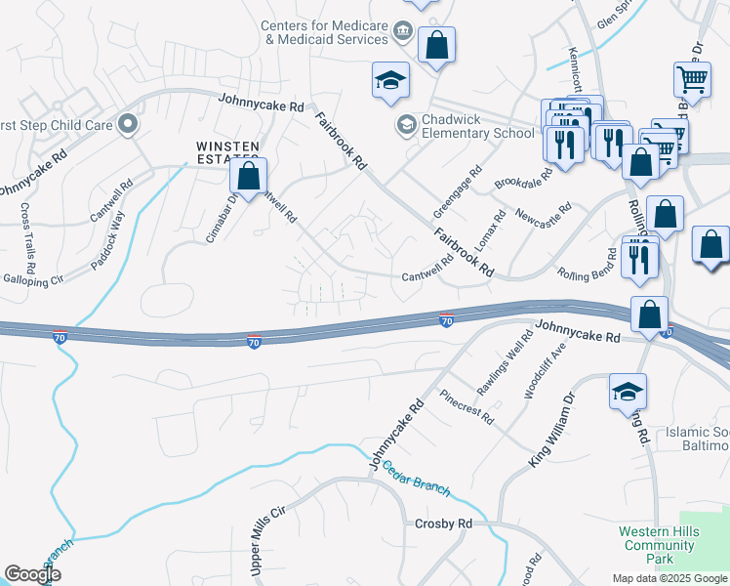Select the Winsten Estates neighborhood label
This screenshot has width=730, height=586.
pos(226,153)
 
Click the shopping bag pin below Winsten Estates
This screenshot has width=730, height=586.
pos(249,176)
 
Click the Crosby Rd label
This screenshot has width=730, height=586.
pos(443,523)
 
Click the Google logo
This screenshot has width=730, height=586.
pos(32,574)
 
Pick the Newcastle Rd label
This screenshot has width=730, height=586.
pos(542,212)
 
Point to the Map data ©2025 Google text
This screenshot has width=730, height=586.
pos(669,578)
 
